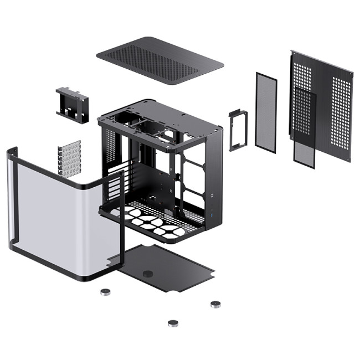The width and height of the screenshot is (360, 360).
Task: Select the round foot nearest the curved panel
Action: coord(104,291)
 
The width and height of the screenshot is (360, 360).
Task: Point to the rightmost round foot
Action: coord(215,304)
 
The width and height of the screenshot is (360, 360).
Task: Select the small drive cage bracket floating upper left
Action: coord(73,104)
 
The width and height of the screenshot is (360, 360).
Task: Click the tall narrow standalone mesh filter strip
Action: coord(266,111)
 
